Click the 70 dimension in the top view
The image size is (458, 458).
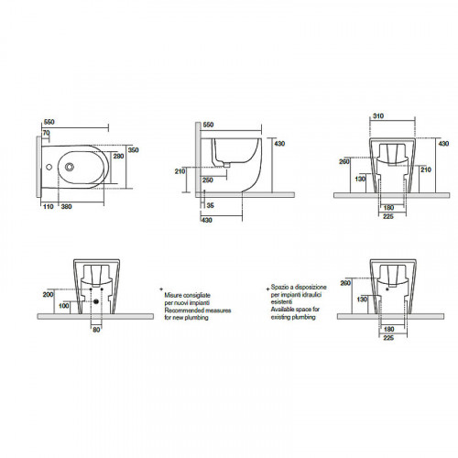point(47,133)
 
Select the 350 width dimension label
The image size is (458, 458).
point(133,150)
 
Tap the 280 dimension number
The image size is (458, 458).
point(118,156)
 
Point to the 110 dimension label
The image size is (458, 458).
point(49,207)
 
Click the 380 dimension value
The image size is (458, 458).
point(66,207)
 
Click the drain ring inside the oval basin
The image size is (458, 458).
point(70,167)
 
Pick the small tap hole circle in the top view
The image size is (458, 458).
point(49,167)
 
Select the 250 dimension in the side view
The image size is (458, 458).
point(207,180)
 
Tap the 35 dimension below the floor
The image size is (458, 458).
point(210,205)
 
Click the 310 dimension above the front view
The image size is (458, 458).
point(378,116)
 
